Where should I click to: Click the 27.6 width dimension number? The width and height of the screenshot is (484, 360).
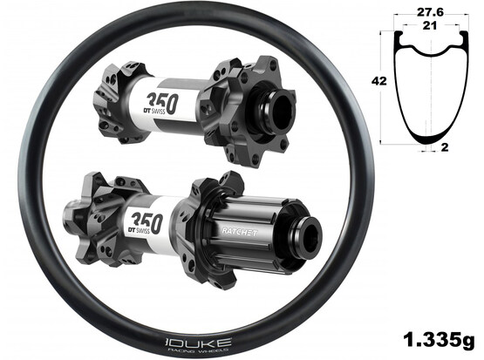[430, 12]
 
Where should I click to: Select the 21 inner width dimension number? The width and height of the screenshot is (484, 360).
[429, 26]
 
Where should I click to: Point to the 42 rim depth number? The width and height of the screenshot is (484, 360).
[379, 81]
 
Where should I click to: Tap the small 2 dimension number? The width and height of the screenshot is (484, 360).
[445, 147]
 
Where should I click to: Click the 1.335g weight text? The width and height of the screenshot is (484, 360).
[439, 340]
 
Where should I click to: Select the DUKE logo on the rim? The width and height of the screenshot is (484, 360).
[197, 343]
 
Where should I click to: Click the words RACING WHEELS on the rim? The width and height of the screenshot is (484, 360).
[198, 350]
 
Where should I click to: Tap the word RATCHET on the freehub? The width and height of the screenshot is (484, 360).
[239, 232]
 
